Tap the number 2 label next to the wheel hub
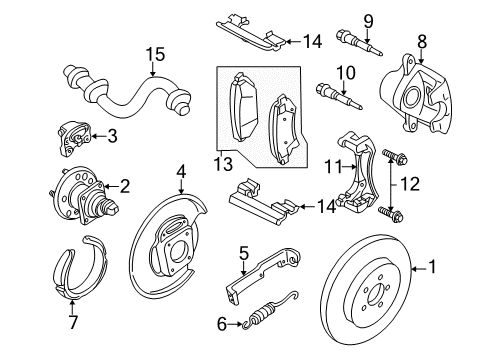(x=126, y=184)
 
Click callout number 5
(x=242, y=253)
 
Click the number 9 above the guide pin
(x=367, y=19)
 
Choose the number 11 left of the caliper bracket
(x=337, y=164)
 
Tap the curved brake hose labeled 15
(x=130, y=100)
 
